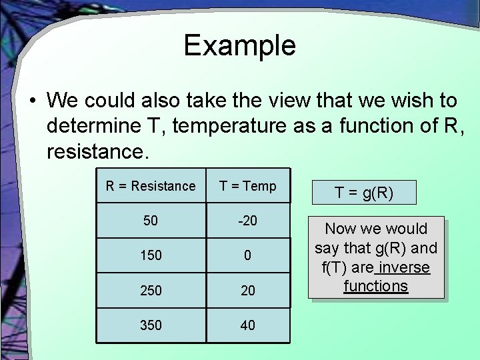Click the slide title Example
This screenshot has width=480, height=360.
pyautogui.click(x=239, y=45)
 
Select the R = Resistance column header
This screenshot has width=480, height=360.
pyautogui.click(x=151, y=186)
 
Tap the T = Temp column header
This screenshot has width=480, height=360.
pyautogui.click(x=248, y=186)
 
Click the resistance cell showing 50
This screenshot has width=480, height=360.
pyautogui.click(x=151, y=221)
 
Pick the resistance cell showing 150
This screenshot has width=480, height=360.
pyautogui.click(x=151, y=255)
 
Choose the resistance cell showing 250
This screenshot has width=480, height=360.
pyautogui.click(x=151, y=290)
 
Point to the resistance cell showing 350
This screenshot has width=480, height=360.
pyautogui.click(x=151, y=325)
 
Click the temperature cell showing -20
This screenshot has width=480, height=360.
pyautogui.click(x=248, y=221)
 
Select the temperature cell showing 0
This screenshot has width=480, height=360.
pyautogui.click(x=248, y=255)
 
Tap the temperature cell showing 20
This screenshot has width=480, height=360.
pyautogui.click(x=248, y=290)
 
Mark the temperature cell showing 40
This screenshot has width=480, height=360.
pyautogui.click(x=248, y=325)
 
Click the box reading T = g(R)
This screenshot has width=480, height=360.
pyautogui.click(x=364, y=193)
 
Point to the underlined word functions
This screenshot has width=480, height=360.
pyautogui.click(x=375, y=286)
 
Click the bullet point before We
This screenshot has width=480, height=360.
pyautogui.click(x=32, y=101)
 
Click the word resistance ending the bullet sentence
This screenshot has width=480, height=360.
pyautogui.click(x=94, y=151)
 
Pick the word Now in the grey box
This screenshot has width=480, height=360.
pyautogui.click(x=340, y=229)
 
